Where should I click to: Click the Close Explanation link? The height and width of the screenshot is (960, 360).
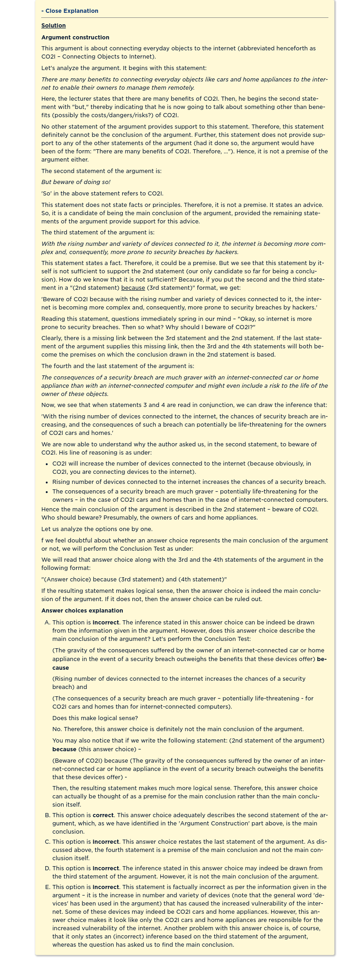(70, 11)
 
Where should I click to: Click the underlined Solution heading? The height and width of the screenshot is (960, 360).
(54, 26)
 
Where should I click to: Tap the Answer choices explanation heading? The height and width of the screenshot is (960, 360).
(82, 611)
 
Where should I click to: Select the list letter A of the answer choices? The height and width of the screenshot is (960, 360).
(47, 623)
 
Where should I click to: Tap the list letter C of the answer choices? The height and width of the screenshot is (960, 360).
(47, 842)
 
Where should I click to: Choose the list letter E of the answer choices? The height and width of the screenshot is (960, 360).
(47, 887)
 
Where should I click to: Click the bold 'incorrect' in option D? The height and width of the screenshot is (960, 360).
(106, 868)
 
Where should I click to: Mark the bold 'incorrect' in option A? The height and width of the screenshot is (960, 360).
(106, 623)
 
